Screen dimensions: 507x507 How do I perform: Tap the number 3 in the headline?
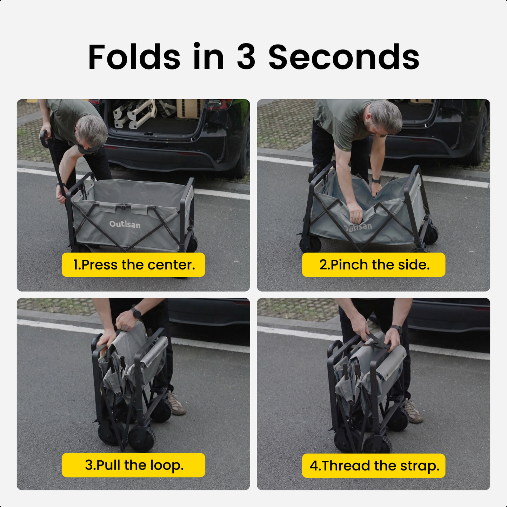[x=246, y=57]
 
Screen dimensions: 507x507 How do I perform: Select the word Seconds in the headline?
[x=343, y=57]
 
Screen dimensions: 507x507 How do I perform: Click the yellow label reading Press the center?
[x=133, y=265]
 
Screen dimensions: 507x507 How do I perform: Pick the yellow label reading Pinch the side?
[x=374, y=265]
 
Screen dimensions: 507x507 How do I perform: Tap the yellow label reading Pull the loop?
[x=133, y=465]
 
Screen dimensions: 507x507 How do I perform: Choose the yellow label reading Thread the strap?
[x=374, y=466]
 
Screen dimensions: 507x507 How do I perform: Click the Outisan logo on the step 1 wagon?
[x=125, y=225]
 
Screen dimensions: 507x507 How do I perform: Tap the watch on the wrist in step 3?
[x=136, y=313]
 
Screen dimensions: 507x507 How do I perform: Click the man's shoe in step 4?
[x=413, y=411]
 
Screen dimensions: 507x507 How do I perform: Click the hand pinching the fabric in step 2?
[x=355, y=212]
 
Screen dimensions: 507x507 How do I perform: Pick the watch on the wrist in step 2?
[x=376, y=180]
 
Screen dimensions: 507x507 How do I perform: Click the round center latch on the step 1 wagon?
[x=124, y=207]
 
